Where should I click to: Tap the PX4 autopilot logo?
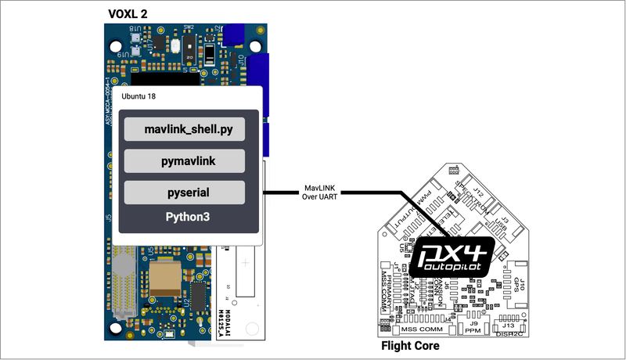[x=452, y=254]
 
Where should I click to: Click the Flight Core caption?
[x=409, y=345]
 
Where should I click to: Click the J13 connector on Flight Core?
[x=509, y=326]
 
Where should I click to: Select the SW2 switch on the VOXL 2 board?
[x=189, y=47]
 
